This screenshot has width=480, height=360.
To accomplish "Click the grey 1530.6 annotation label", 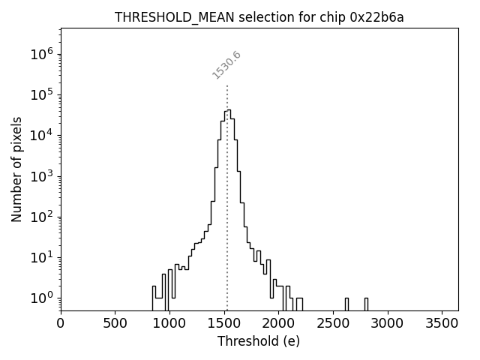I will click(x=226, y=65).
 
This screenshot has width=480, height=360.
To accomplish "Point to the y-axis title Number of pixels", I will click(x=16, y=169).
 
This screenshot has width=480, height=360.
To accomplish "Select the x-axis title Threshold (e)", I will click(x=259, y=341).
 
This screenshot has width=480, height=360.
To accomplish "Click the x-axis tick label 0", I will click(x=61, y=323).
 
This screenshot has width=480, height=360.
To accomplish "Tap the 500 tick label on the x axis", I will click(x=115, y=323).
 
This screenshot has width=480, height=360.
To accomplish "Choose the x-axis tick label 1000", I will click(x=169, y=323).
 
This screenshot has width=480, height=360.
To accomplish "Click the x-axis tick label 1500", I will click(x=223, y=323).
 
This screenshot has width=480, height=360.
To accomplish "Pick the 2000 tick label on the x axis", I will click(x=278, y=323).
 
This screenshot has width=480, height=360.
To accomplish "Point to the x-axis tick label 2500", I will click(x=332, y=323).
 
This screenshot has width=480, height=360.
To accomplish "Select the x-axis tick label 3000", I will click(x=387, y=323).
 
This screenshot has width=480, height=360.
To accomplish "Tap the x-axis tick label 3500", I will click(x=441, y=323).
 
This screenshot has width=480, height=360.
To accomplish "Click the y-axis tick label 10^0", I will click(x=41, y=298).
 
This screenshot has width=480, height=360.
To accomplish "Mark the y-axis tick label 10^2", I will click(x=41, y=217).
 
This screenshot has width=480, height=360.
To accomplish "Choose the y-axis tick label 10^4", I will click(x=41, y=136).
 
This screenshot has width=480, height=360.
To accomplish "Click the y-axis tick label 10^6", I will click(x=41, y=54).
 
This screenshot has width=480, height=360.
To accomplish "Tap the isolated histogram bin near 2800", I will click(x=366, y=303).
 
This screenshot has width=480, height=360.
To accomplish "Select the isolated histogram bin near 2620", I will click(x=346, y=303).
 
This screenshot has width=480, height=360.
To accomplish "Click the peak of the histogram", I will click(x=227, y=111).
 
